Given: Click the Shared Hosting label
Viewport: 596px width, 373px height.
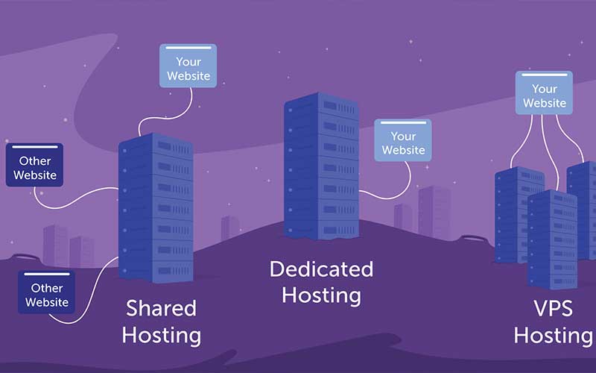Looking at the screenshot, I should [x=161, y=322].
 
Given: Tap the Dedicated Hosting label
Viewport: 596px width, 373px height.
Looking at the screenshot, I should [x=321, y=281].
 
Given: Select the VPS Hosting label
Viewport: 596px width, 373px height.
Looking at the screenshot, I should [x=552, y=322].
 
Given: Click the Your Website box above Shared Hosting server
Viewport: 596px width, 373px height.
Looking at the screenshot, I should [x=188, y=66].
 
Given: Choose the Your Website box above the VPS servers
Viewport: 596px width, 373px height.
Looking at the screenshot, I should [x=544, y=93].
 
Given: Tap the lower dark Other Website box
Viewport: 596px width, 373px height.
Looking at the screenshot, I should [x=46, y=294].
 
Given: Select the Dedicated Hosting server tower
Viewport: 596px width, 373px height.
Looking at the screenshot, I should [x=321, y=168].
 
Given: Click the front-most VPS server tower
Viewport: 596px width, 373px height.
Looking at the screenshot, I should [x=552, y=239].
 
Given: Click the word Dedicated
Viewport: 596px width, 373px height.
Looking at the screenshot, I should [x=321, y=269].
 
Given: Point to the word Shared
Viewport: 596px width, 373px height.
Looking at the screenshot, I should [x=161, y=307].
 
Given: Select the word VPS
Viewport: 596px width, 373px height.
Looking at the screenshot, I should [x=552, y=307].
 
